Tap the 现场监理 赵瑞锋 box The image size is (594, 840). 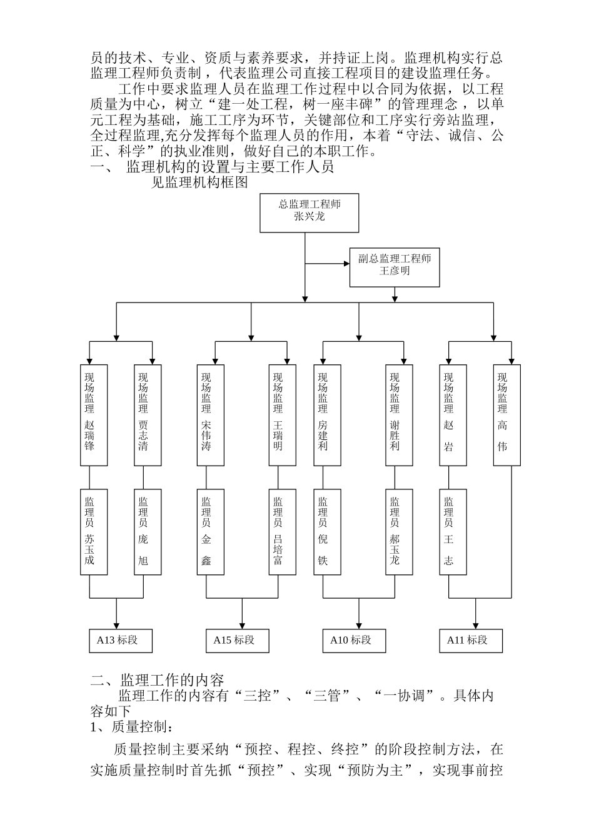point(94,415)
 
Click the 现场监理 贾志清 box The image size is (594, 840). point(148,415)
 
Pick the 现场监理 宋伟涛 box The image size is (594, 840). point(210,415)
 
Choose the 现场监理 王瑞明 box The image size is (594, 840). point(283,415)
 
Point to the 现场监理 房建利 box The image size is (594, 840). point(327,415)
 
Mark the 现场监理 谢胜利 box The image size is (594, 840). point(399,415)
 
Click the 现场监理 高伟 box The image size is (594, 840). point(507,415)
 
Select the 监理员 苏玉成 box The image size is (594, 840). point(94,531)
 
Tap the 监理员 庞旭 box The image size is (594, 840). point(148,531)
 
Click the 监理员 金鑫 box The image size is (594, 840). point(210,531)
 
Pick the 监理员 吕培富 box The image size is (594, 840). point(283,531)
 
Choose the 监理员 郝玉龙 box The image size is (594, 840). point(399,531)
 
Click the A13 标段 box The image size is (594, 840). point(121,641)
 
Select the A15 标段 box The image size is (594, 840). point(238,641)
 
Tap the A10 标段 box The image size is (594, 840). point(355,641)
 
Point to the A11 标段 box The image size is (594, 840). point(471,641)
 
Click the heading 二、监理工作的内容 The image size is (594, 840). point(157,680)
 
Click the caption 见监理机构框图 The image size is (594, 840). point(200,182)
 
